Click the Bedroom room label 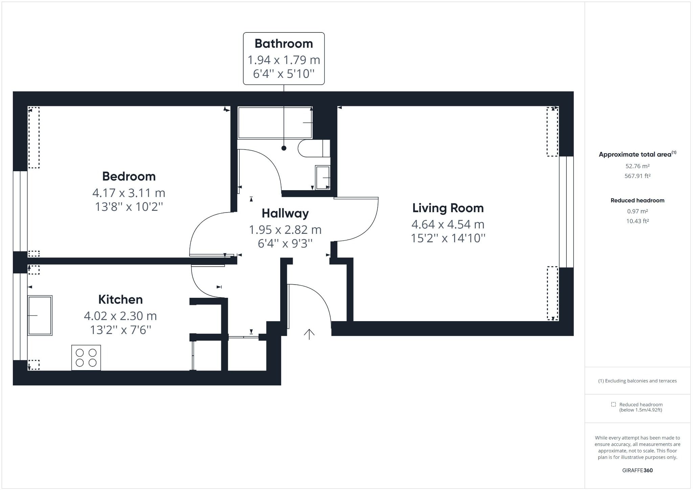pyautogui.click(x=129, y=176)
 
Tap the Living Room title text pyautogui.click(x=448, y=208)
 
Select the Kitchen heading pyautogui.click(x=120, y=299)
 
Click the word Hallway pyautogui.click(x=285, y=213)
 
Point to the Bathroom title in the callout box pyautogui.click(x=284, y=44)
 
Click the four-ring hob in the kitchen pyautogui.click(x=86, y=358)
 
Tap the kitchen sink pyautogui.click(x=40, y=315)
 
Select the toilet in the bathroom pyautogui.click(x=313, y=148)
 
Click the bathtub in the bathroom pyautogui.click(x=275, y=122)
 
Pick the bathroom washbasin pyautogui.click(x=322, y=178)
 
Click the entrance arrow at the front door pyautogui.click(x=309, y=334)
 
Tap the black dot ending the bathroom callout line pyautogui.click(x=284, y=148)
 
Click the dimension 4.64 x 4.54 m pyautogui.click(x=448, y=224)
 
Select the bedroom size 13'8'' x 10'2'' pyautogui.click(x=129, y=206)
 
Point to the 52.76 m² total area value pyautogui.click(x=637, y=166)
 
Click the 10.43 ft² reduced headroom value pyautogui.click(x=637, y=221)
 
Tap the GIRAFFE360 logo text pyautogui.click(x=637, y=470)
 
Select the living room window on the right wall pyautogui.click(x=566, y=212)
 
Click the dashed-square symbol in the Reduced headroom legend pyautogui.click(x=613, y=404)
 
